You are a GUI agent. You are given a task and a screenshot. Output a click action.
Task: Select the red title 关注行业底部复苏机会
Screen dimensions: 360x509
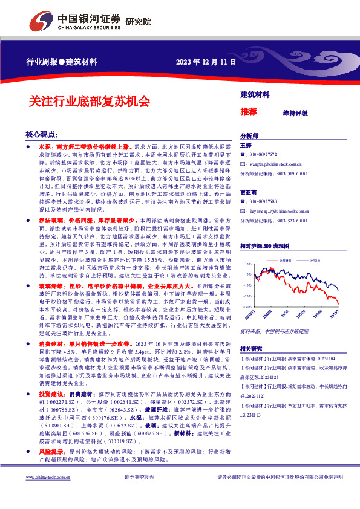click(x=89, y=101)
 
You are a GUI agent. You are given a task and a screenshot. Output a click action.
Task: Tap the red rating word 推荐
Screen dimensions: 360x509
click(x=248, y=112)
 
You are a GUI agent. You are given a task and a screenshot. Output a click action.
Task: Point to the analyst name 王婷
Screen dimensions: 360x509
click(x=245, y=146)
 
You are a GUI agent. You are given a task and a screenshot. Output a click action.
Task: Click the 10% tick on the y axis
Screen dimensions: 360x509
click(x=248, y=264)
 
